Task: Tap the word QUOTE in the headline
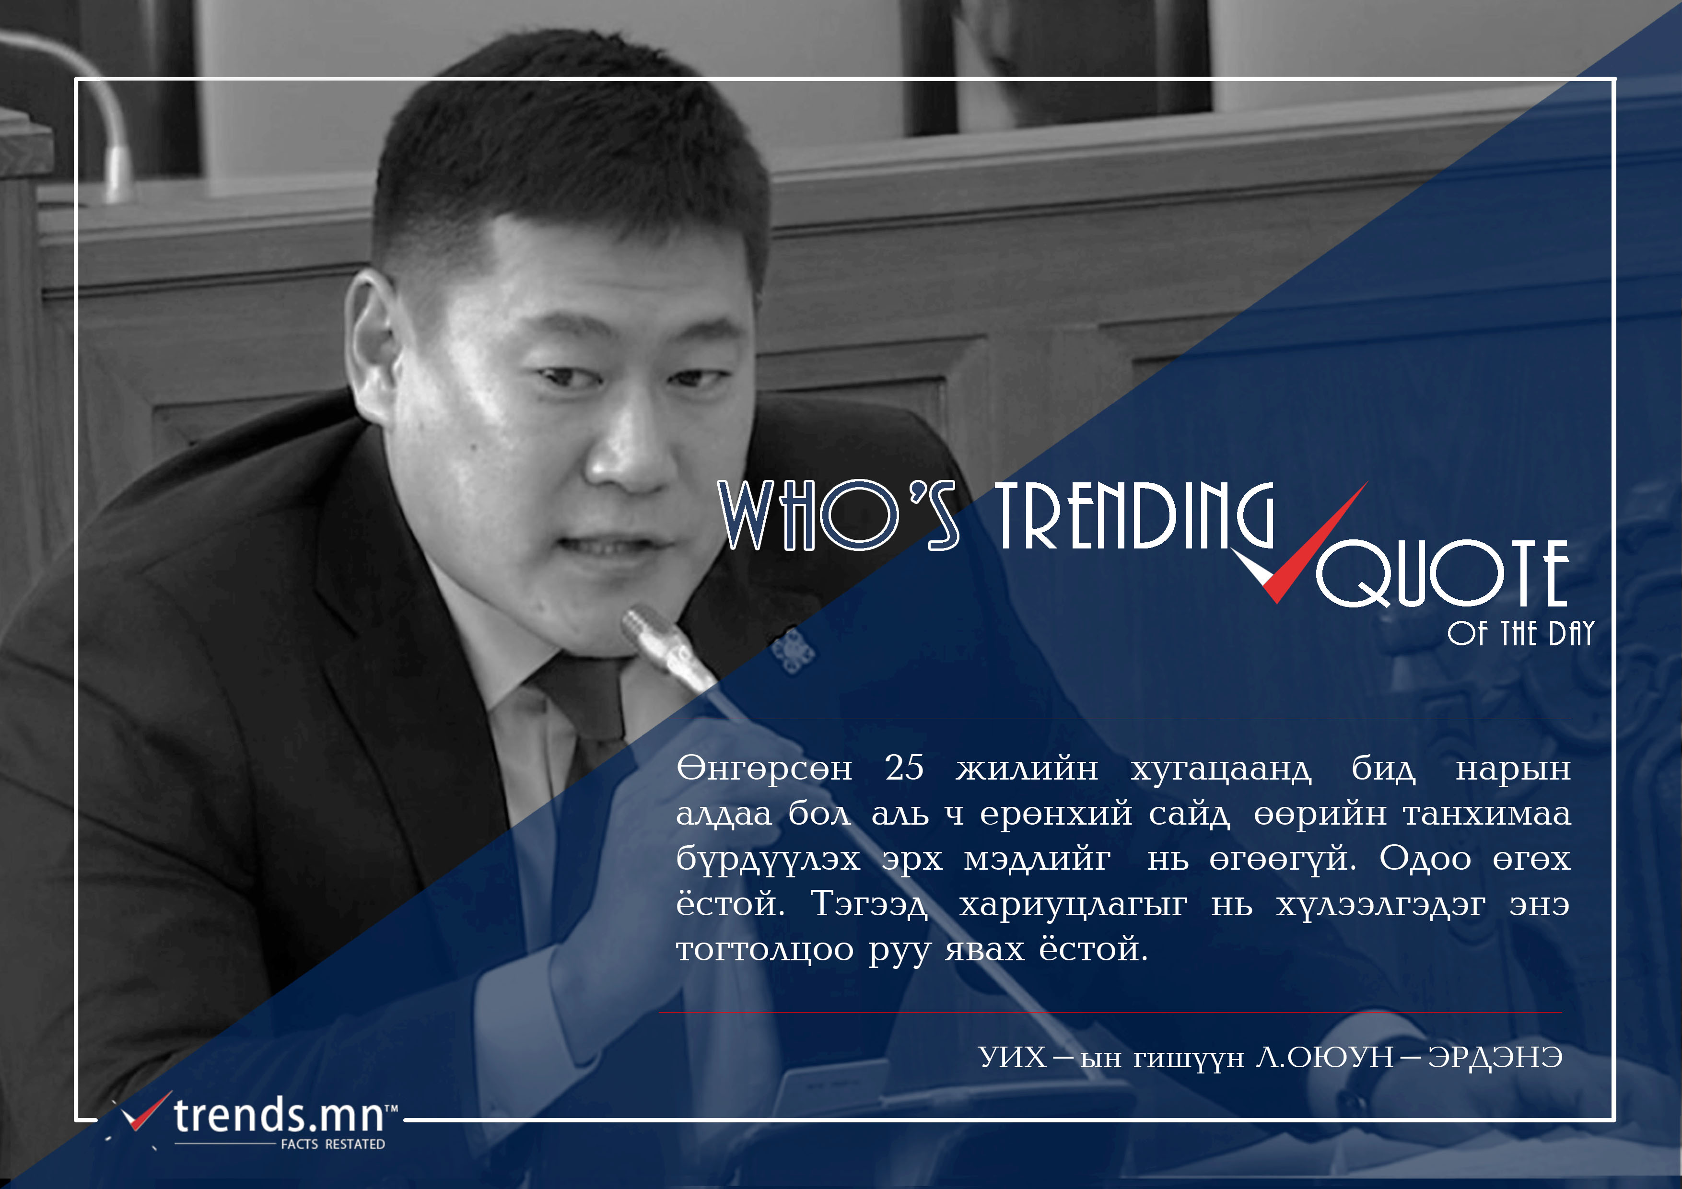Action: (x=1442, y=573)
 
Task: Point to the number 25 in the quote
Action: (x=904, y=768)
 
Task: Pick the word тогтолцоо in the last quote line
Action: (x=765, y=950)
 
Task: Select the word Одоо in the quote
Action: (x=1425, y=859)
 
